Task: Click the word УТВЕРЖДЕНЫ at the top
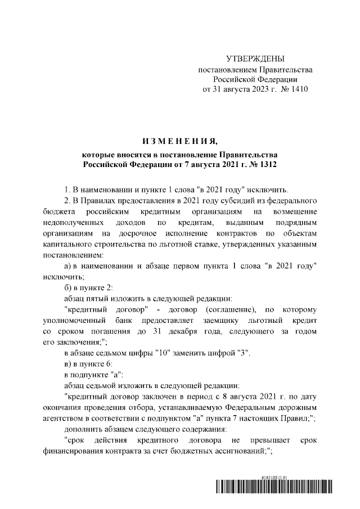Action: (x=255, y=59)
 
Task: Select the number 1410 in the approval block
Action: (x=298, y=89)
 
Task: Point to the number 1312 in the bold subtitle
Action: (x=266, y=164)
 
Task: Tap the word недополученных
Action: (x=76, y=224)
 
